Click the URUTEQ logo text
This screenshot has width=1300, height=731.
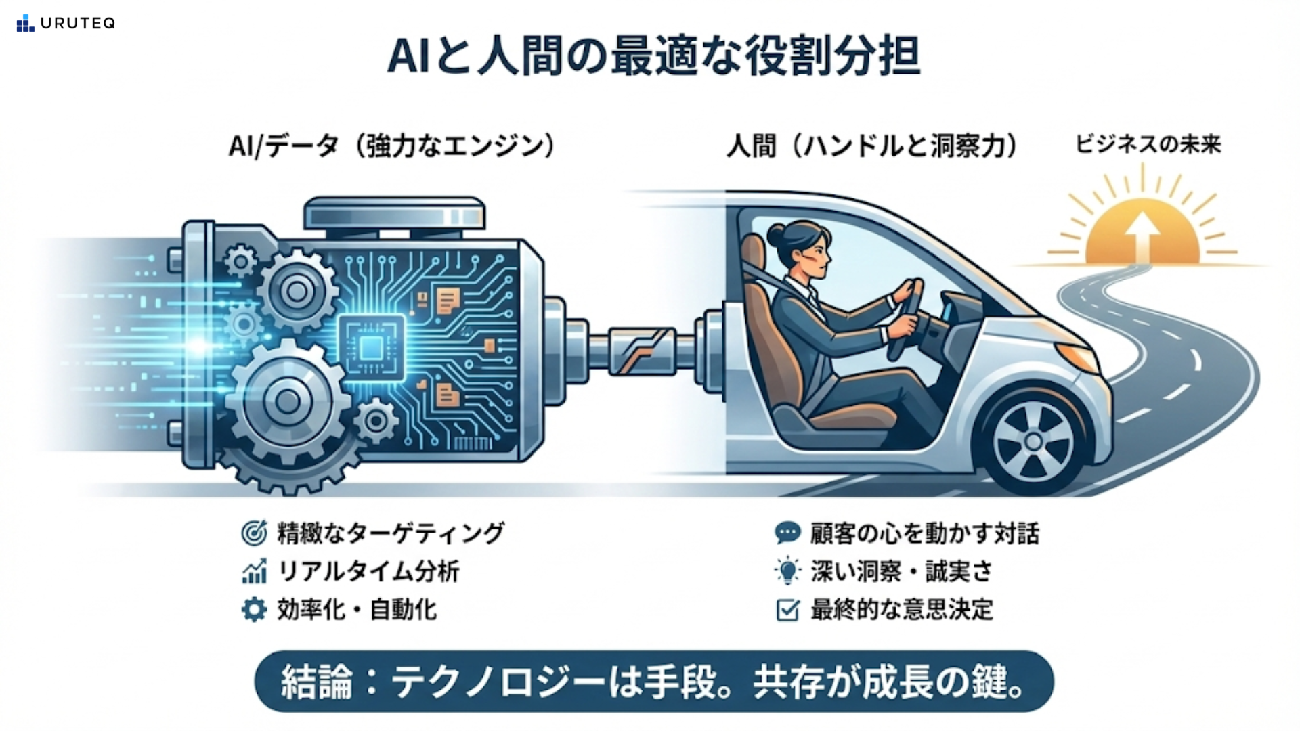click(x=77, y=23)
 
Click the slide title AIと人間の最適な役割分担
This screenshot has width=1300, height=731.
click(x=653, y=56)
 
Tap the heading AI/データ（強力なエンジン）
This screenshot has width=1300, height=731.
click(x=392, y=146)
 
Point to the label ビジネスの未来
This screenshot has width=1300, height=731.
click(x=1148, y=144)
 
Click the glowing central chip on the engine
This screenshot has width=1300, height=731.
click(x=371, y=348)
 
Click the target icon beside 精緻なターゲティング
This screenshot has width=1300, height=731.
click(x=254, y=533)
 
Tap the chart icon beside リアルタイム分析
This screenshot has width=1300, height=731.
click(x=254, y=572)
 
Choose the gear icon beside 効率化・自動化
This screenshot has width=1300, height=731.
click(x=254, y=610)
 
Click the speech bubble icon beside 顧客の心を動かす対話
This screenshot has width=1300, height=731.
click(x=787, y=533)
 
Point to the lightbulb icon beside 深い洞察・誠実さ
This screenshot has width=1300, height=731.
click(x=787, y=571)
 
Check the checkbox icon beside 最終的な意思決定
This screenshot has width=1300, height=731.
click(x=787, y=610)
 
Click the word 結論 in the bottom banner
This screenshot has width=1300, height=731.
click(x=317, y=682)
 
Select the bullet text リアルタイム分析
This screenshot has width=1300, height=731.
click(x=369, y=572)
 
